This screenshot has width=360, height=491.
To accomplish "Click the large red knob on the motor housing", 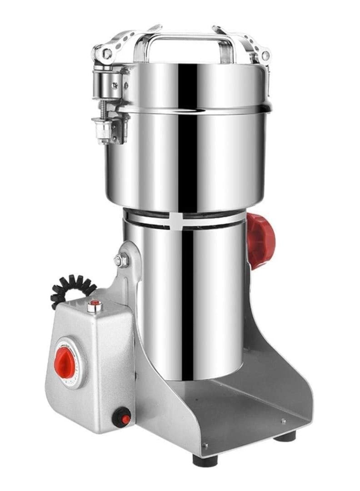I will (x=260, y=241).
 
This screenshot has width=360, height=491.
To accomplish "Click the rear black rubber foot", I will (x=285, y=435).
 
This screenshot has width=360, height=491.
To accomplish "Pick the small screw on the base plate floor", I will (x=283, y=421).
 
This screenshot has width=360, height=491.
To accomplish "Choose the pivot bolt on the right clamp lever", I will (x=265, y=55).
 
